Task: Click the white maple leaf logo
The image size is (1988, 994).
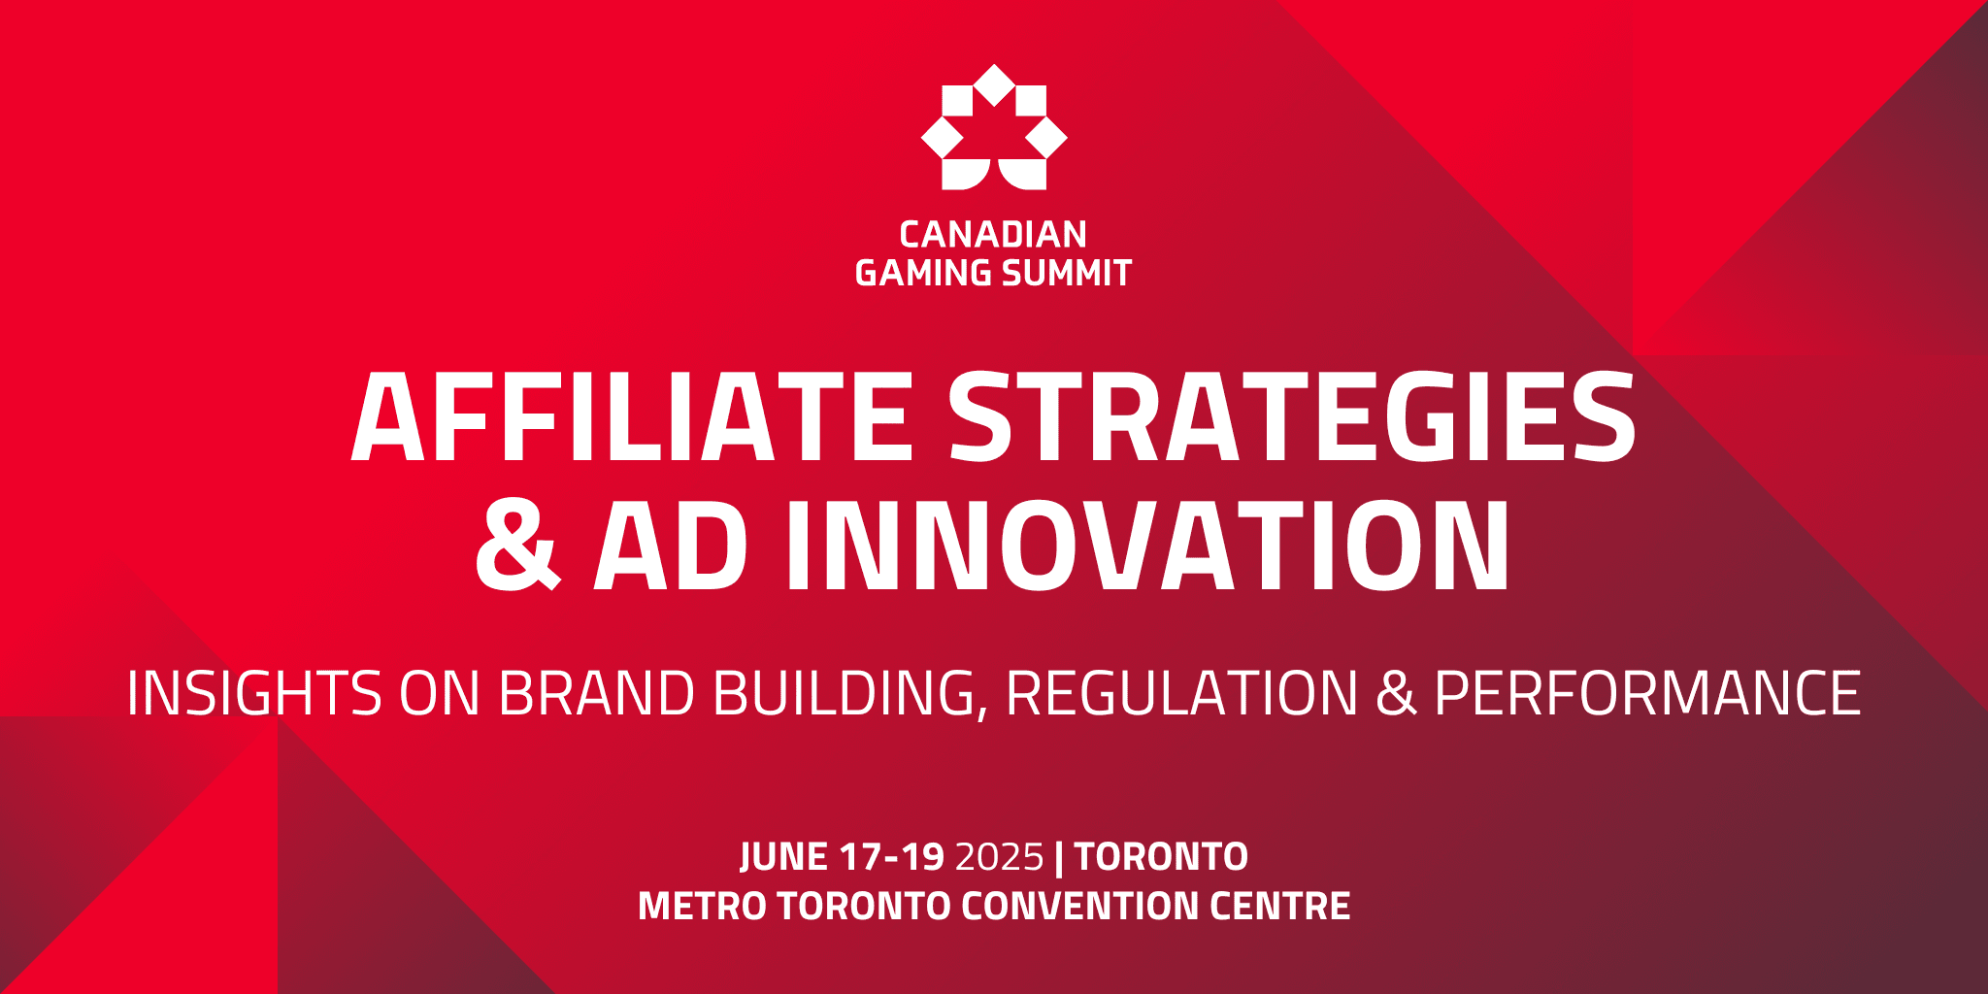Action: [994, 127]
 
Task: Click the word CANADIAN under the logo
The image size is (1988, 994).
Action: [993, 235]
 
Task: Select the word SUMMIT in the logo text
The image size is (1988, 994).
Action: [1067, 274]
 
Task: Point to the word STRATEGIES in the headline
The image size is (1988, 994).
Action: [1292, 417]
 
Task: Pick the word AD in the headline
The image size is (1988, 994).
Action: [671, 546]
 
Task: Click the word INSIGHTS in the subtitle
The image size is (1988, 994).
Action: [254, 694]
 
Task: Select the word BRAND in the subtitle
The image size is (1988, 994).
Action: [597, 694]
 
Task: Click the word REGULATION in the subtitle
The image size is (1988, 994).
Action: [1181, 694]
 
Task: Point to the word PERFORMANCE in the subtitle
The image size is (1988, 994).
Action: [1647, 694]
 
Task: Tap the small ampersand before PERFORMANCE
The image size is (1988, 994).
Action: [1396, 694]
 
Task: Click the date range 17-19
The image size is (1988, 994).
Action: [892, 857]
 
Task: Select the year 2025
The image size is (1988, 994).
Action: [999, 857]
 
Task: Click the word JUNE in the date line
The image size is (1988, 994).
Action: [783, 857]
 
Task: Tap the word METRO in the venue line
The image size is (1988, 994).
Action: [702, 907]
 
